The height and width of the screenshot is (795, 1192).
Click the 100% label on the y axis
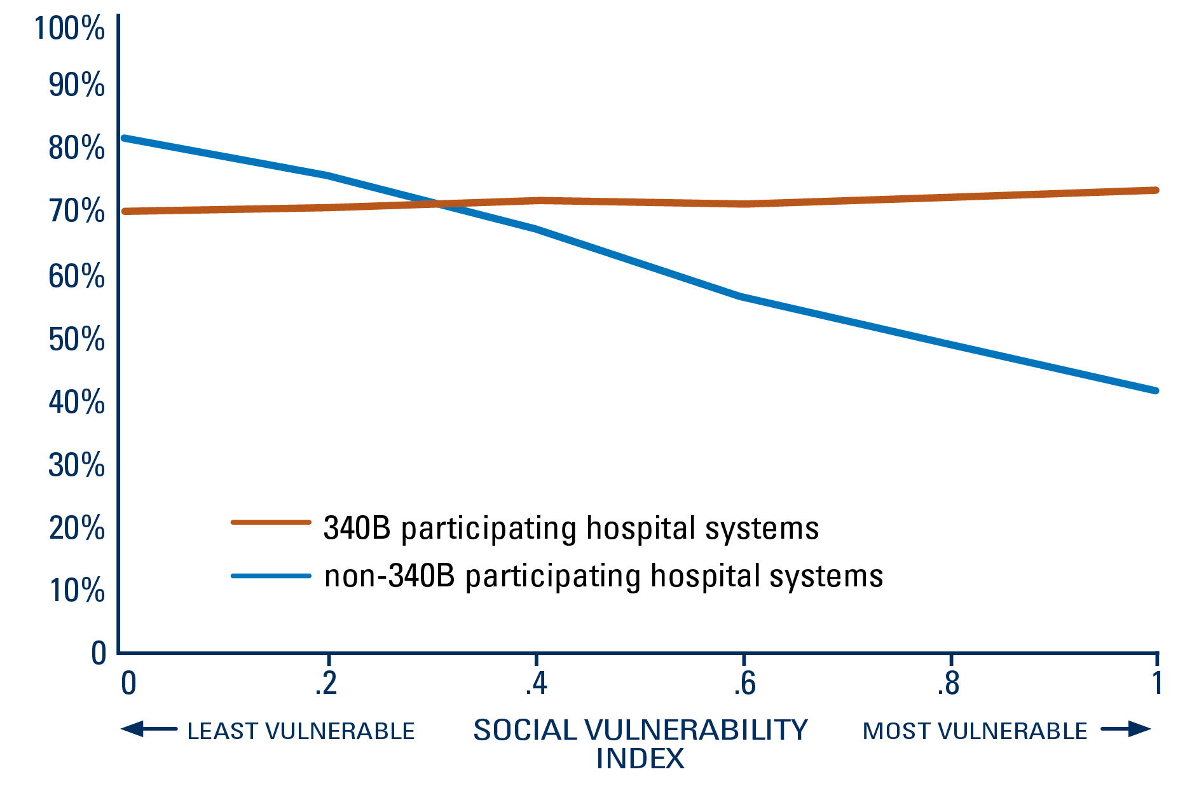click(x=69, y=29)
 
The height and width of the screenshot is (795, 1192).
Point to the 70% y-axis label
click(x=76, y=211)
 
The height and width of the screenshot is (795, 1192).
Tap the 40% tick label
click(x=76, y=402)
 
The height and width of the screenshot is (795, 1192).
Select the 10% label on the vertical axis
click(x=76, y=590)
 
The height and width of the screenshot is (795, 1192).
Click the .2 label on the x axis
click(x=325, y=684)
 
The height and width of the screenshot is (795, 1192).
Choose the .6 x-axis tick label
click(x=744, y=684)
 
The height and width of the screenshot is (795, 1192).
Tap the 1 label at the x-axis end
click(x=1157, y=684)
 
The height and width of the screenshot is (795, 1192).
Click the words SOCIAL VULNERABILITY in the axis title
click(x=640, y=730)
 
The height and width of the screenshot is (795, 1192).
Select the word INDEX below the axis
click(x=640, y=759)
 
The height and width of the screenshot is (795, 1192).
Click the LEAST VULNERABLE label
click(x=301, y=731)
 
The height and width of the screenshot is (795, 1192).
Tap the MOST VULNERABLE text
click(x=975, y=731)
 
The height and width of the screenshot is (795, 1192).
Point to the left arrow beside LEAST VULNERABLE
click(x=148, y=729)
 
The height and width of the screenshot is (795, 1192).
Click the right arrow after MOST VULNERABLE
click(x=1127, y=729)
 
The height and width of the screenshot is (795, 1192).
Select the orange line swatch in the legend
click(x=270, y=522)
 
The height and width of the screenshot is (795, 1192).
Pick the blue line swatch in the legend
click(x=270, y=576)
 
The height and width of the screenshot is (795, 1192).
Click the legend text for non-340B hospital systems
click(x=603, y=576)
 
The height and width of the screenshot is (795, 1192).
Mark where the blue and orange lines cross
click(x=438, y=204)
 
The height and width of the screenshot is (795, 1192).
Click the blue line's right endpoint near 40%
click(x=1155, y=391)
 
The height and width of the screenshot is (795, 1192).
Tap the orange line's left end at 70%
click(x=125, y=211)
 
